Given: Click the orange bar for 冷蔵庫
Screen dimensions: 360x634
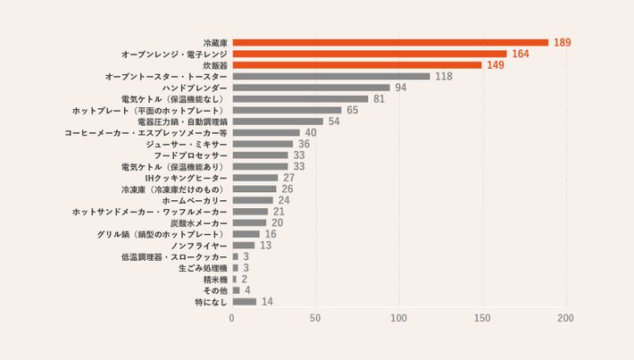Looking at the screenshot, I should tap(390, 42).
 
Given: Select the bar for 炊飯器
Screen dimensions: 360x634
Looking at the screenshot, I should tap(356, 65).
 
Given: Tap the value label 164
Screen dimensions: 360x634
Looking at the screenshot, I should tap(521, 54).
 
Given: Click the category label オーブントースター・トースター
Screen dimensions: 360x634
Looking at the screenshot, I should tap(166, 76).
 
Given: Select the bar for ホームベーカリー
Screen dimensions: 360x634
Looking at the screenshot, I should tap(253, 200).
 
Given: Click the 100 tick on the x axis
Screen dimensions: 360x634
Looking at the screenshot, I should tap(399, 318).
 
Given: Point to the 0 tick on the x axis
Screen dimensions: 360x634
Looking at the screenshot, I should tap(232, 318).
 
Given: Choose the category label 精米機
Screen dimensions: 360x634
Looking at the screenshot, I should tap(215, 279).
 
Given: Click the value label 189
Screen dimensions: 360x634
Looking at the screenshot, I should tap(562, 42).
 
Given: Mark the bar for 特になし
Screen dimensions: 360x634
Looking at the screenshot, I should tap(244, 301).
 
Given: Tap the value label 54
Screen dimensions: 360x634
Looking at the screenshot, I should tap(334, 121).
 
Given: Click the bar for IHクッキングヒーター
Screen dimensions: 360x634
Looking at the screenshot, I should tap(254, 178).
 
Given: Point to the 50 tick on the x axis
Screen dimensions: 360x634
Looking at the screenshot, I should tap(315, 318).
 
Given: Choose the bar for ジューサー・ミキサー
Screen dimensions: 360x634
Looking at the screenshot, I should tap(263, 144).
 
